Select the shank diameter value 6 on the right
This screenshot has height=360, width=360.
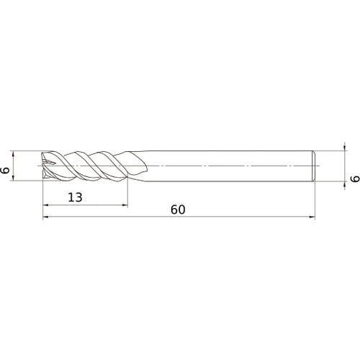point(352,179)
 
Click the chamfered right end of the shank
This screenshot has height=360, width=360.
point(313,165)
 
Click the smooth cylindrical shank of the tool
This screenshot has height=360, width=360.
point(230,165)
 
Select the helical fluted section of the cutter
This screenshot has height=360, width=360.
point(86,165)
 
